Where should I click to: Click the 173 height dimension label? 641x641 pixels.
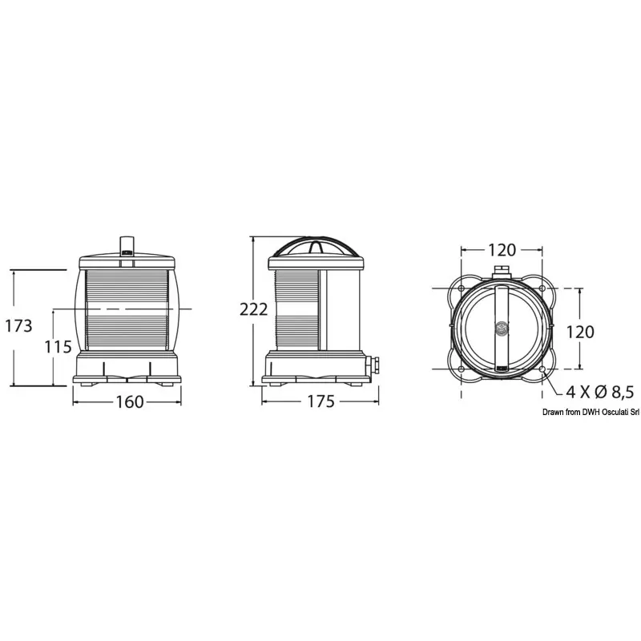18,326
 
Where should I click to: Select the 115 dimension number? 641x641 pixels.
58,347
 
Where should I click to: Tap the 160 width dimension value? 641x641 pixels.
130,402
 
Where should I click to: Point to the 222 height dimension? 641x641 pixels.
253,309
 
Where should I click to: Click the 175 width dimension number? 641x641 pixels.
320,401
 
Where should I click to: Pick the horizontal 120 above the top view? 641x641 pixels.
502,250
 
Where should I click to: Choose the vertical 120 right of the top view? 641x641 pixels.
579,332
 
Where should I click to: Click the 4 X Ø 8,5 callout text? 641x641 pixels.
599,392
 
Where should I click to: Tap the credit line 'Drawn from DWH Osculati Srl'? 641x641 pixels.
591,413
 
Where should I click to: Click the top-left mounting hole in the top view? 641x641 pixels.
462,288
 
